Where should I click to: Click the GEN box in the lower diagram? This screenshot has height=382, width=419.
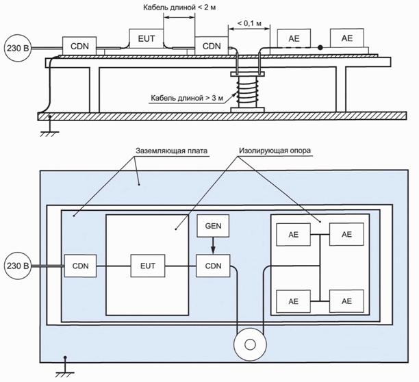213,226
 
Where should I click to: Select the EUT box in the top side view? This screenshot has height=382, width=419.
146,38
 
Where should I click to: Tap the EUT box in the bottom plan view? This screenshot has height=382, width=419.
147,266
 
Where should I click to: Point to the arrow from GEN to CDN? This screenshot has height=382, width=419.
213,246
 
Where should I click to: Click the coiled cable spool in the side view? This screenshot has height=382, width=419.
247,92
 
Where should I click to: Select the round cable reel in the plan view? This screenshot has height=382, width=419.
250,344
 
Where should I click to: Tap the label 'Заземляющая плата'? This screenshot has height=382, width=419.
172,151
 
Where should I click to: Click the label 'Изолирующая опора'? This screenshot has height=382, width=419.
275,151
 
